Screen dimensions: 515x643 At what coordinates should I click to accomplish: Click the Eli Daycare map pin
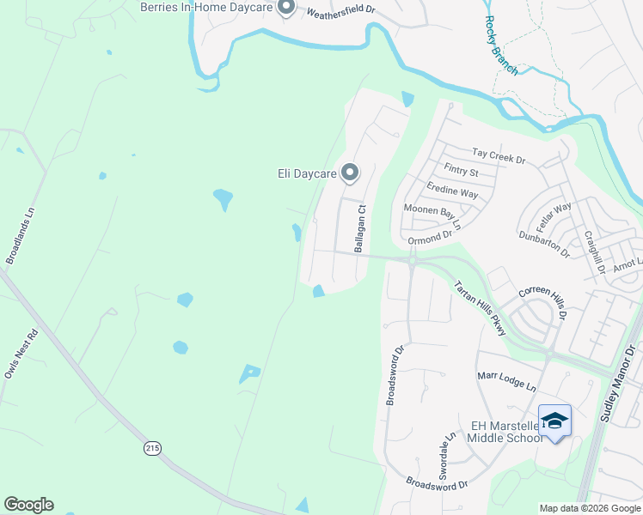point(350,173)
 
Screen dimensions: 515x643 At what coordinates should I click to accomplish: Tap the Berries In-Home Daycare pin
point(286,8)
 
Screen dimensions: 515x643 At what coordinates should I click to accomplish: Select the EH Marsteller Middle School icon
point(554,421)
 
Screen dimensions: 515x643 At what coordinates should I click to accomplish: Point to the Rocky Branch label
point(501,45)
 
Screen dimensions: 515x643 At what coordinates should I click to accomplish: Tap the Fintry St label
point(461,171)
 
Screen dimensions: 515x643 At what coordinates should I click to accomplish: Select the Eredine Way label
point(452,190)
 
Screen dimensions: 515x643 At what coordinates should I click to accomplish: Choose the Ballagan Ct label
point(361,228)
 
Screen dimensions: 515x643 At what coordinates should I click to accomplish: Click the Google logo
point(28,505)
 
